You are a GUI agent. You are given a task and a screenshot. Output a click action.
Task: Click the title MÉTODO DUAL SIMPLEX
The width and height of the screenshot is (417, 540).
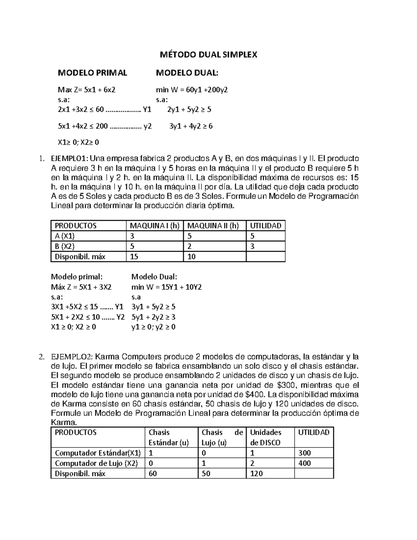[208, 55]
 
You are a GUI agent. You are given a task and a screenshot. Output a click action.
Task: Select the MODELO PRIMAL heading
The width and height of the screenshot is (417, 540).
[92, 73]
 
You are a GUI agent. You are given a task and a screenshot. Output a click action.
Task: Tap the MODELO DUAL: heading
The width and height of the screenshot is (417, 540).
[187, 73]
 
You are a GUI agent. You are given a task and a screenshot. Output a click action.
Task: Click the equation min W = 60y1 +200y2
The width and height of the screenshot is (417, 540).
[192, 90]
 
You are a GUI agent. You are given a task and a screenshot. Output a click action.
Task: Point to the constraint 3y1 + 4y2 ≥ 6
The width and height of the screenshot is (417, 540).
[191, 126]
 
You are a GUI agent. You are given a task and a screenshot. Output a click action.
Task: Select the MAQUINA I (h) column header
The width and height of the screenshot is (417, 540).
[154, 226]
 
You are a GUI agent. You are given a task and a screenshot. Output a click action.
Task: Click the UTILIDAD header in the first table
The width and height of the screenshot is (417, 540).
[265, 226]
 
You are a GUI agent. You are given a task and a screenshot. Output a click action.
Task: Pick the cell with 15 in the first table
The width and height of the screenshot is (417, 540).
[134, 257]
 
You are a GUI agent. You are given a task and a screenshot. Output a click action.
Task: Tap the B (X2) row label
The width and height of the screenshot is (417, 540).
[65, 246]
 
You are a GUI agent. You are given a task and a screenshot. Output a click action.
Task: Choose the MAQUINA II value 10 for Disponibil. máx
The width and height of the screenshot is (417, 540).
[191, 257]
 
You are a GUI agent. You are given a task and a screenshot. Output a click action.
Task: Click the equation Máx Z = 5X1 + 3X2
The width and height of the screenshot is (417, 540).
[81, 287]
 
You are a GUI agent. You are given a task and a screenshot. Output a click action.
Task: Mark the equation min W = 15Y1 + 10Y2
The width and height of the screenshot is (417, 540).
[166, 287]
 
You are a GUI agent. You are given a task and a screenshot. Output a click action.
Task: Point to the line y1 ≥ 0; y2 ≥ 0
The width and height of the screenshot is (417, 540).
[153, 327]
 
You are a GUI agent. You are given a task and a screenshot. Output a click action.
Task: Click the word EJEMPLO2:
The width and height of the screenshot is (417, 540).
[71, 357]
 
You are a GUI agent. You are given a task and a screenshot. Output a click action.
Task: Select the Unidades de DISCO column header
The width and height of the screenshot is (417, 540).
[266, 437]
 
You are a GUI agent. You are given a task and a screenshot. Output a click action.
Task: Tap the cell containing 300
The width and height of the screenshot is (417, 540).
[304, 453]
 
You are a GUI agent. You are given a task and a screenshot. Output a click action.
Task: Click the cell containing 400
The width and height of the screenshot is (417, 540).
[304, 463]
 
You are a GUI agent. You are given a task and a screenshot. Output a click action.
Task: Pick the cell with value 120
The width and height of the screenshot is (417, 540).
[256, 473]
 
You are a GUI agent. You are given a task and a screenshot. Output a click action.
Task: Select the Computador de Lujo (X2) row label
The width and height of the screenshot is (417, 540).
[96, 463]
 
